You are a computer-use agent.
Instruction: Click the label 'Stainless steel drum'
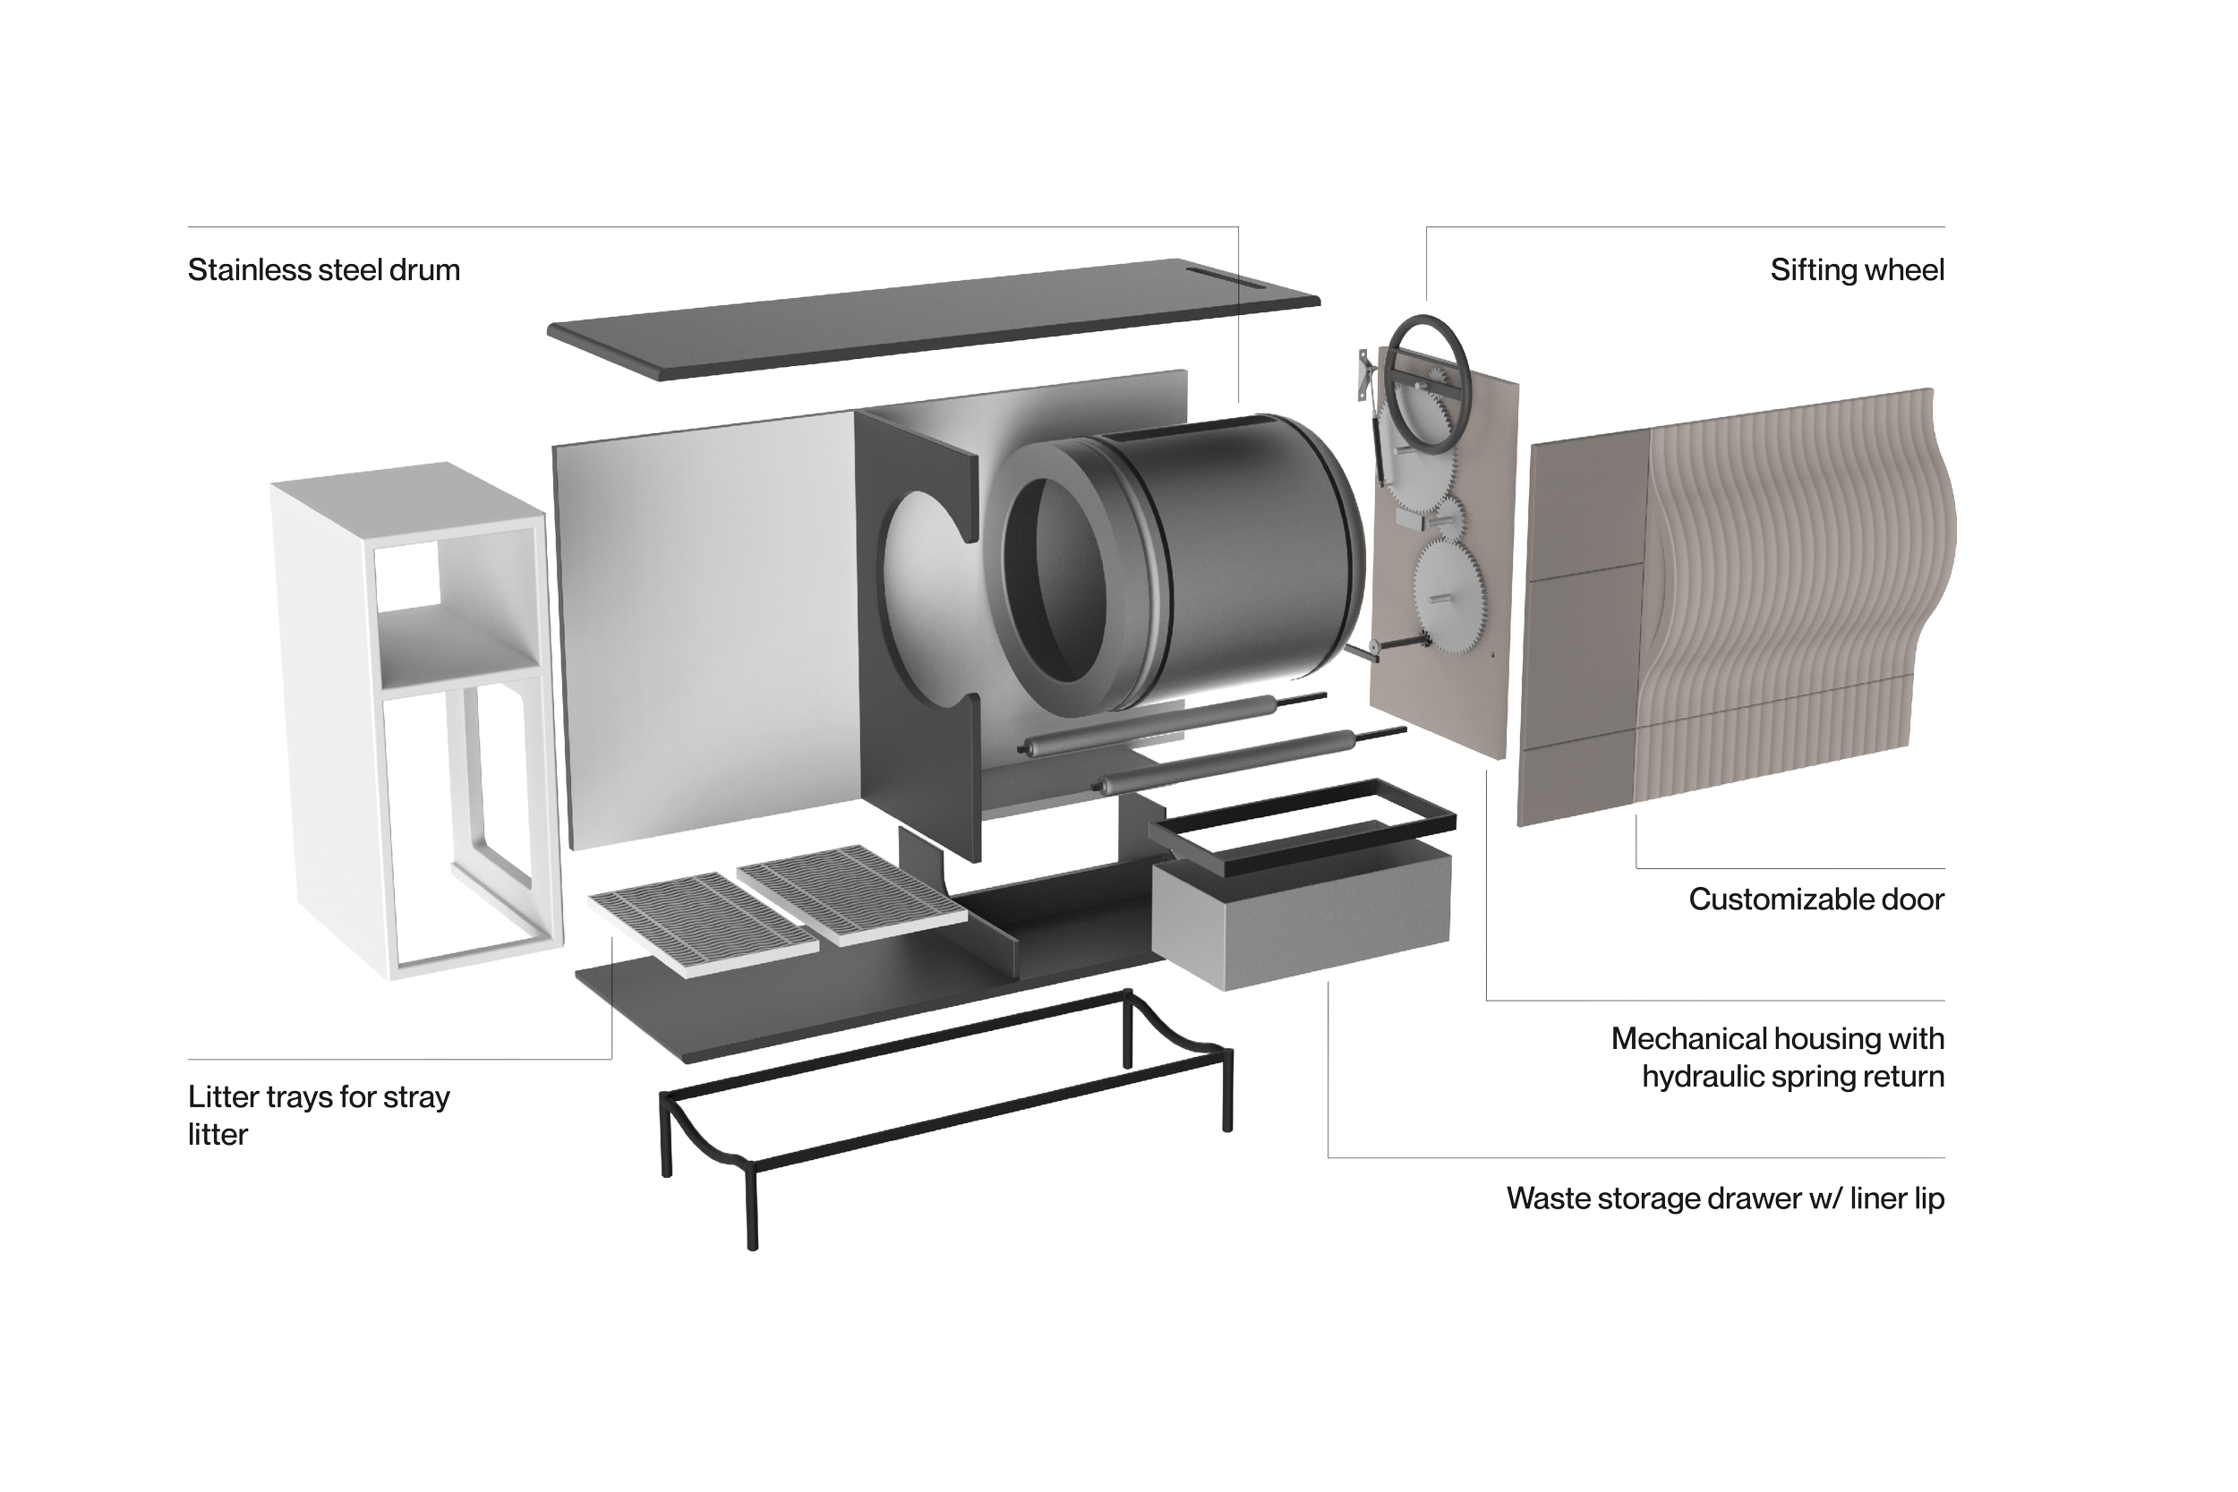point(323,270)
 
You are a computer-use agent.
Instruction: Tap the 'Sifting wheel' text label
point(1857,270)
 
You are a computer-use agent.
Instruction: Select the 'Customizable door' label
point(1815,899)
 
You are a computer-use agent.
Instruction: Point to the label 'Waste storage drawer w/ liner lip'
point(1724,1198)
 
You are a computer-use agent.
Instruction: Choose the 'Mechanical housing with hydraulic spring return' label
point(1778,1057)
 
